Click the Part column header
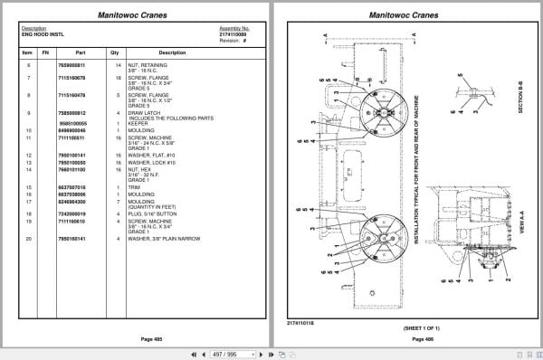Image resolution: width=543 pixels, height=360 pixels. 81,52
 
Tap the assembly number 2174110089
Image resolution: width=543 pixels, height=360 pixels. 233,33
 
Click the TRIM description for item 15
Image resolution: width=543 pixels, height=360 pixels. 136,185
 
